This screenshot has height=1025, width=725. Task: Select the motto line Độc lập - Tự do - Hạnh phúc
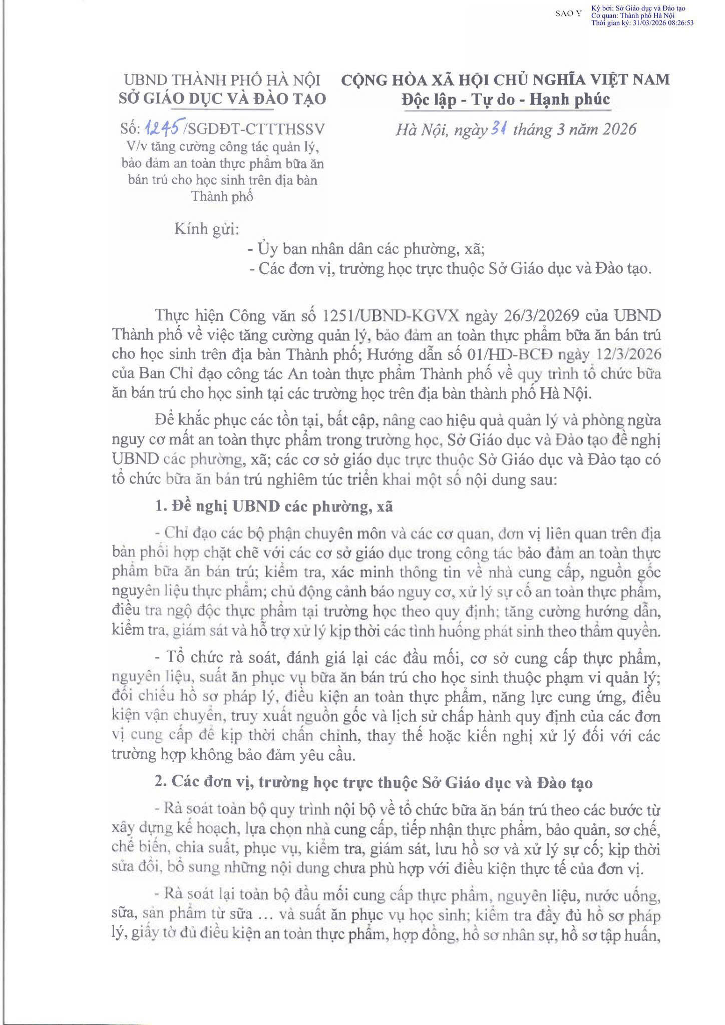coord(506,100)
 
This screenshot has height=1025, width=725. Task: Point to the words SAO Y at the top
coord(569,14)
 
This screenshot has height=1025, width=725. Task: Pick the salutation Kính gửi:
coord(206,229)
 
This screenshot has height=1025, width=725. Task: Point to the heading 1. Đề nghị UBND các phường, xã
coord(274,506)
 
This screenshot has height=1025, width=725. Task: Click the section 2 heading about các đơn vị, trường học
coord(374,783)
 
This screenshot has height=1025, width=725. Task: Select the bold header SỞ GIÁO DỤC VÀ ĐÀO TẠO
coord(222,99)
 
